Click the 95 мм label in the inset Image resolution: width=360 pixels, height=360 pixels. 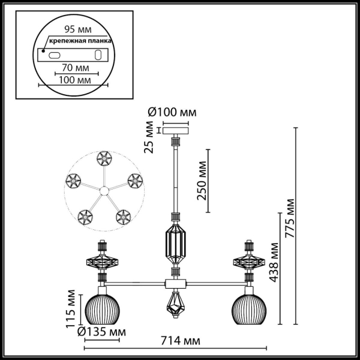pyautogui.click(x=75, y=28)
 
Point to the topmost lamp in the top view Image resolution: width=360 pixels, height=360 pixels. pyautogui.click(x=103, y=159)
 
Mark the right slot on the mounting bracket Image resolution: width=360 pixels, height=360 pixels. pyautogui.click(x=97, y=55)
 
